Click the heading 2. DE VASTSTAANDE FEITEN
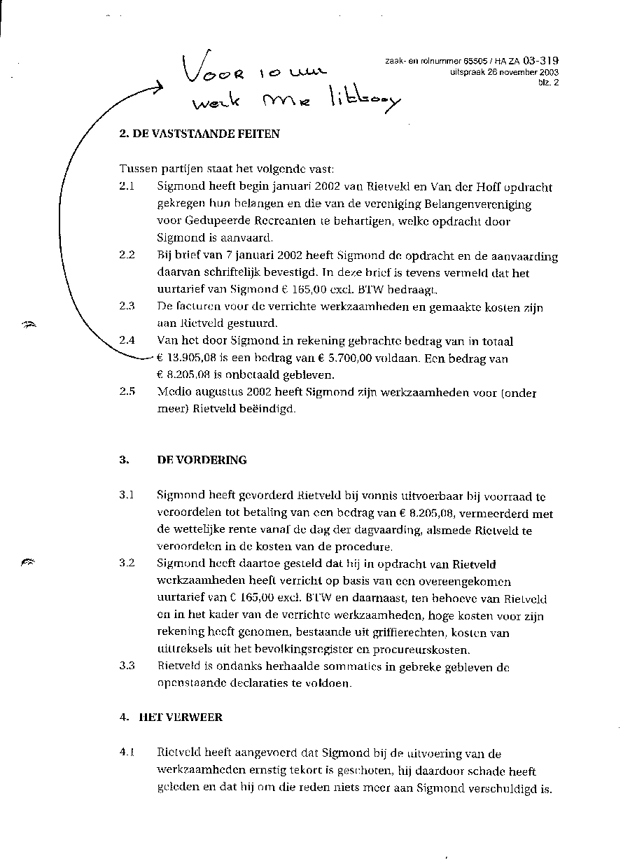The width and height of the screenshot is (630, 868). coord(199,134)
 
